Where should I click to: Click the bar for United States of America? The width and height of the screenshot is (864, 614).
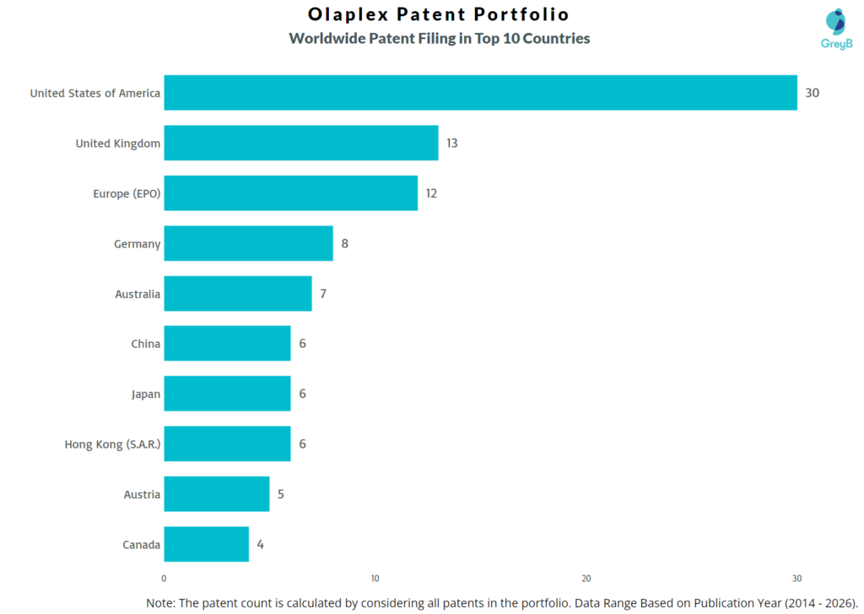click(480, 93)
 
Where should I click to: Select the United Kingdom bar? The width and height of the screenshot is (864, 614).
click(301, 143)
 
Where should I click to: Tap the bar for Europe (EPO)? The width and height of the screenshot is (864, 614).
click(290, 193)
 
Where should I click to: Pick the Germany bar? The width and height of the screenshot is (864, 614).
click(248, 243)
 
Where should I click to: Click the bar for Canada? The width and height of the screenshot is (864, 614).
click(206, 544)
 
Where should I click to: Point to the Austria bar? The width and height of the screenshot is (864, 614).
click(217, 494)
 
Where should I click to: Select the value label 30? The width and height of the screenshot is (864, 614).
click(812, 93)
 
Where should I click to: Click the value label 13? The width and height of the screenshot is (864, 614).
click(452, 143)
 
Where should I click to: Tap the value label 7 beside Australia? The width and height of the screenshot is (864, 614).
click(323, 294)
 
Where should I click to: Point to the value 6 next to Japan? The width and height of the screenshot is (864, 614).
click(302, 394)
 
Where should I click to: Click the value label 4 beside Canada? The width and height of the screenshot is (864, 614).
click(260, 544)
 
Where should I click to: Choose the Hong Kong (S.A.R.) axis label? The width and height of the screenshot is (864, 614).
click(112, 444)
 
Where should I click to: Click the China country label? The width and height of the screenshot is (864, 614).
click(145, 344)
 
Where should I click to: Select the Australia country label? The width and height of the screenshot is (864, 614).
click(138, 294)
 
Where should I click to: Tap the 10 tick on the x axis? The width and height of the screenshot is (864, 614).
click(375, 579)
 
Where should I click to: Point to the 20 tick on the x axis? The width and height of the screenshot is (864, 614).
click(586, 579)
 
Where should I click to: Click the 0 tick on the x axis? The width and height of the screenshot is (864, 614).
click(164, 579)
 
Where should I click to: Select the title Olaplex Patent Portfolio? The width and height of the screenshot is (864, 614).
click(439, 15)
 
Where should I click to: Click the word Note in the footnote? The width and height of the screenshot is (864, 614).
click(163, 602)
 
